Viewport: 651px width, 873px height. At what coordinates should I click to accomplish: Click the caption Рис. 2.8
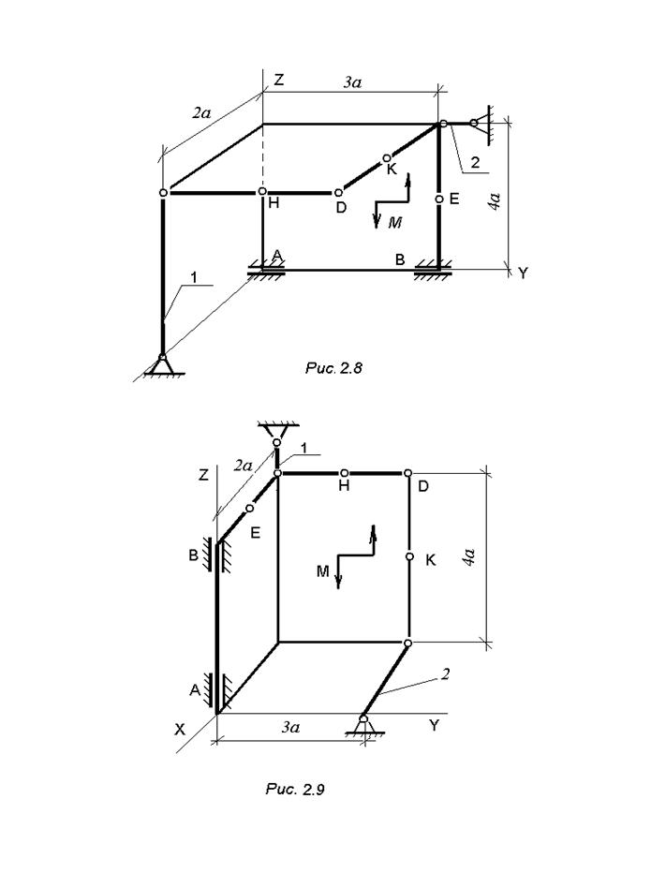tap(333, 368)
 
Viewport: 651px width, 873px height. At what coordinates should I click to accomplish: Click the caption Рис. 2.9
tap(294, 790)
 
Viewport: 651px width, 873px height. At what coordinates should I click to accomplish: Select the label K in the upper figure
tap(392, 169)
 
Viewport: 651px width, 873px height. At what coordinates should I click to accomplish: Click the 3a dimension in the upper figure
tap(352, 82)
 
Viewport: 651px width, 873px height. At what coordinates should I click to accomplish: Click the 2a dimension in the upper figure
tap(202, 113)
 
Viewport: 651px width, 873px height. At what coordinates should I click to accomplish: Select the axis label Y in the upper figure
tap(522, 274)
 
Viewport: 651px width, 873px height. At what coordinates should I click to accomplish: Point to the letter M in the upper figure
tap(395, 223)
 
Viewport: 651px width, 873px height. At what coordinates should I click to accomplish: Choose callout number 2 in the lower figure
tap(446, 675)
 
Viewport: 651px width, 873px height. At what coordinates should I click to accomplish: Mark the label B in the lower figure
tap(194, 554)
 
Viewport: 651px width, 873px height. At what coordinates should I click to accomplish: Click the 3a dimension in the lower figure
tap(289, 727)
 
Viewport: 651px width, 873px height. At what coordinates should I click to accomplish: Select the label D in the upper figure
tap(341, 207)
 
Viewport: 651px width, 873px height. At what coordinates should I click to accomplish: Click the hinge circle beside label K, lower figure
tap(409, 556)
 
